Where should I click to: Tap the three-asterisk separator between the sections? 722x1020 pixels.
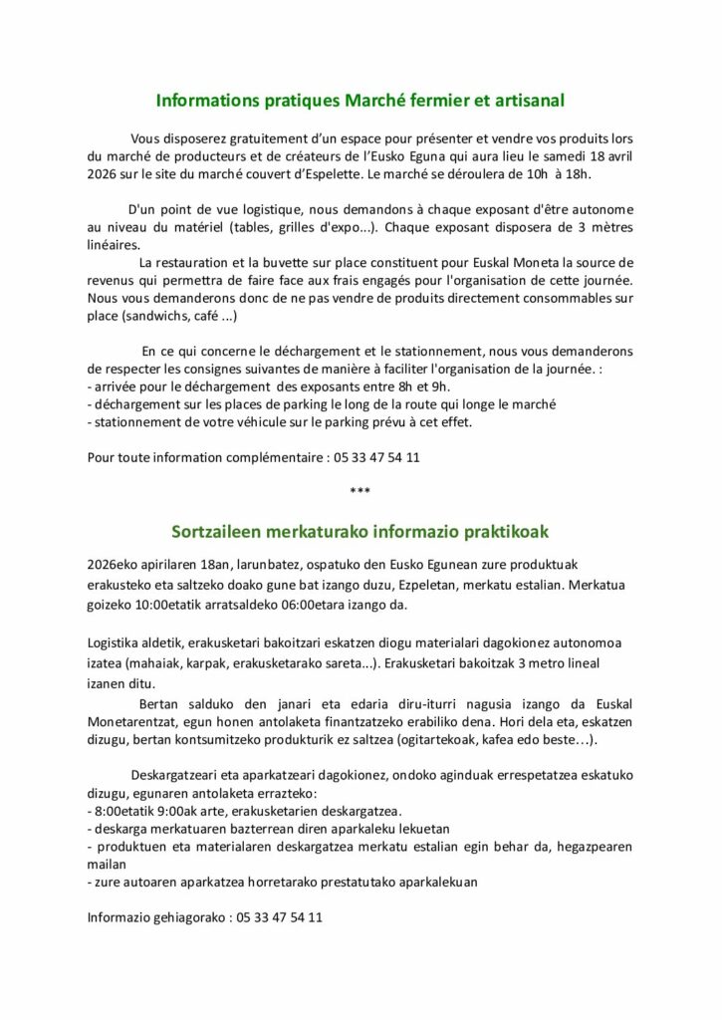(x=361, y=491)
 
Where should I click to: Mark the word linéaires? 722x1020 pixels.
(x=114, y=244)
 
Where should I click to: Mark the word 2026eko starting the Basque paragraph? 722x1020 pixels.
(x=115, y=564)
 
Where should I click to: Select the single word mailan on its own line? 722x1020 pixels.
(x=107, y=865)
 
